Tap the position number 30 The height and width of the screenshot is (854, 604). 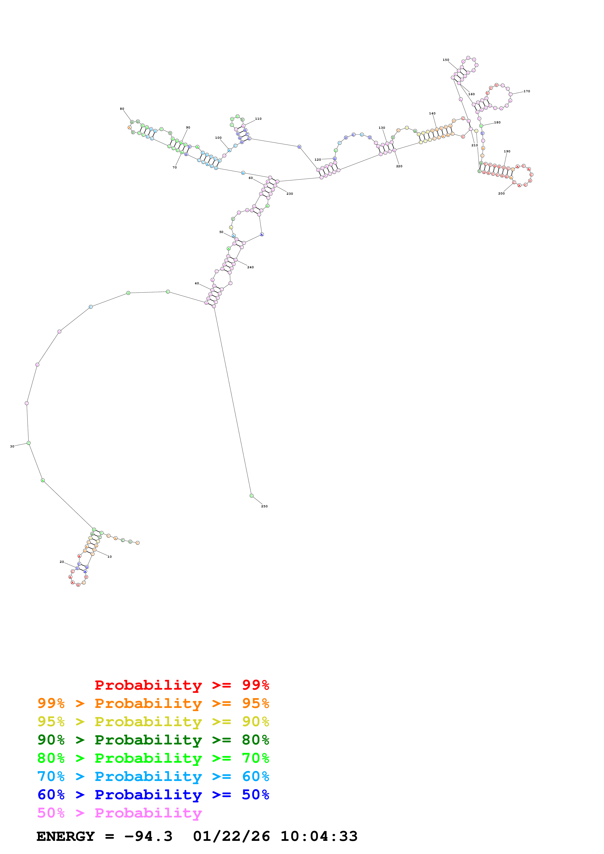click(x=12, y=446)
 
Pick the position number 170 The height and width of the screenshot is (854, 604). click(x=527, y=91)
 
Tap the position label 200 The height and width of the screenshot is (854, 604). click(x=501, y=193)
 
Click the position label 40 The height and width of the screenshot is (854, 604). click(x=197, y=283)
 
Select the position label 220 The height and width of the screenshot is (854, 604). click(x=399, y=166)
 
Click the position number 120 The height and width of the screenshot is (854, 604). click(x=317, y=159)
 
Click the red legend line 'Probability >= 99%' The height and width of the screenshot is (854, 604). click(x=182, y=685)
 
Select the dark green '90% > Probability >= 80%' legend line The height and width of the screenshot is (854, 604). click(x=153, y=740)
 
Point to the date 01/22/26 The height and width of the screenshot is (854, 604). click(x=231, y=836)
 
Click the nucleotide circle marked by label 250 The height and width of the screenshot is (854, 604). click(x=252, y=495)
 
